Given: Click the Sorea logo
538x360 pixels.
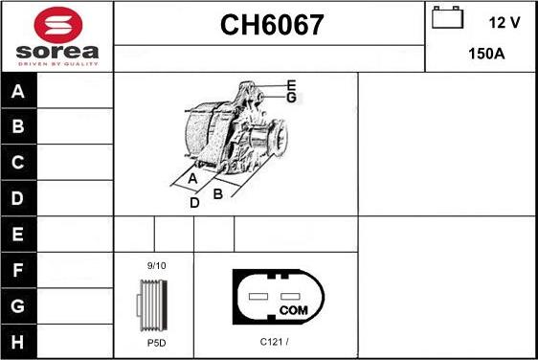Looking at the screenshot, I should (56, 36).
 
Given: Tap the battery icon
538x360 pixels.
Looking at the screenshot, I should (446, 19).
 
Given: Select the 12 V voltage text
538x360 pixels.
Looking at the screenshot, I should (504, 20).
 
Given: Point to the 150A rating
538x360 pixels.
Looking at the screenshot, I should (485, 54).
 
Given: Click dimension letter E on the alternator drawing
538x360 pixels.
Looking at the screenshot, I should (291, 85).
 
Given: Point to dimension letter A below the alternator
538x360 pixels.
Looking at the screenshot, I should (192, 179).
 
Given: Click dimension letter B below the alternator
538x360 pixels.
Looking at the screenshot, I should (217, 193).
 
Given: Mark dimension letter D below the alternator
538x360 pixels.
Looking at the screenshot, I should (194, 202).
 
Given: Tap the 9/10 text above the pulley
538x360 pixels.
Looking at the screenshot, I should (156, 265).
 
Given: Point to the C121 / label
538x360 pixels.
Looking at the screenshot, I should (275, 340).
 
